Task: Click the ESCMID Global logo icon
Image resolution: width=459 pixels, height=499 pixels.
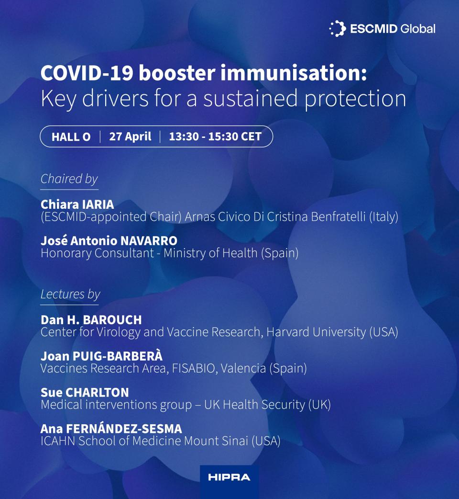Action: (x=338, y=29)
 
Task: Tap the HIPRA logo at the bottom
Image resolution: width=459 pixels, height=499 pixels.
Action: (x=229, y=477)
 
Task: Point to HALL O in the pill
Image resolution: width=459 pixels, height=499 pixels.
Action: (x=71, y=137)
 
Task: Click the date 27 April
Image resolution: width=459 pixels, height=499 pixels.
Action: (x=130, y=136)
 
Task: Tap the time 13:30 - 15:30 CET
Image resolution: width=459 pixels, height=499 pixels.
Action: (x=215, y=136)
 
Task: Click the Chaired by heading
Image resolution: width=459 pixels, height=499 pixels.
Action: (x=69, y=179)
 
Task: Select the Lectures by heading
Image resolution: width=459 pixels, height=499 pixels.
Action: (x=70, y=294)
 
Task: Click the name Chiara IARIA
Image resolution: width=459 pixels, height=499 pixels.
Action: (x=77, y=205)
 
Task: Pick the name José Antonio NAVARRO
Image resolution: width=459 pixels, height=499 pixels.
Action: (x=109, y=241)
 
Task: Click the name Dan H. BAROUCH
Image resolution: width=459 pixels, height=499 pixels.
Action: (x=91, y=320)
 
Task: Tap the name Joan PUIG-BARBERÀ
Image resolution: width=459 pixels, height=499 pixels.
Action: (x=102, y=356)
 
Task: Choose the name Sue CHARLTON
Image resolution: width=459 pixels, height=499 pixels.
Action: (x=85, y=393)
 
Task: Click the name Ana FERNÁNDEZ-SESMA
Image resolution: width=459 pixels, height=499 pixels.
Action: (x=111, y=429)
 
